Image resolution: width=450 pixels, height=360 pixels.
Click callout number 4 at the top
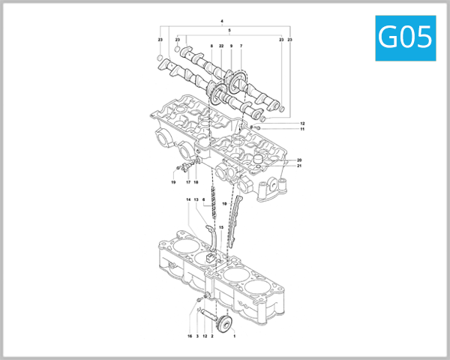[x=223, y=19]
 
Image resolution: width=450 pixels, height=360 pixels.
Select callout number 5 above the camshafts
[x=229, y=30]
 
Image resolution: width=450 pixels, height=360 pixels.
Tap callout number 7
[x=241, y=46]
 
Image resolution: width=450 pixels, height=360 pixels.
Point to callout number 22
[x=221, y=46]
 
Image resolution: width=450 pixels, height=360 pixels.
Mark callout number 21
[x=298, y=166]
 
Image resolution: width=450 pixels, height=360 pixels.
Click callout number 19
[x=172, y=182]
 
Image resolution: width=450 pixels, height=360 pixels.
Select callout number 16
[x=190, y=337]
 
